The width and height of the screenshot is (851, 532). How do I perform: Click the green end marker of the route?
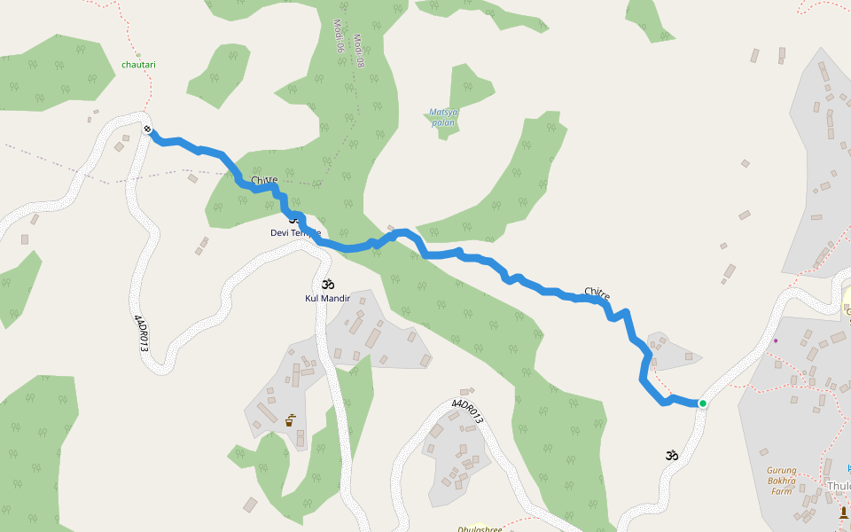pyautogui.click(x=702, y=403)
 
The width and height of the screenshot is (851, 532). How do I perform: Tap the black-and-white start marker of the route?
pyautogui.click(x=147, y=130)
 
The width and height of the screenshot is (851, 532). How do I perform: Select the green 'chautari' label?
pyautogui.click(x=138, y=65)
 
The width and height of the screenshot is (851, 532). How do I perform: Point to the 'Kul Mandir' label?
pyautogui.click(x=328, y=299)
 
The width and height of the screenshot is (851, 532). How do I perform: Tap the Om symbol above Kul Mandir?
pyautogui.click(x=328, y=285)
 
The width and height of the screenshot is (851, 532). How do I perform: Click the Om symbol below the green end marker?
pyautogui.click(x=672, y=456)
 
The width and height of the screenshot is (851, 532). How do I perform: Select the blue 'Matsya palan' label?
pyautogui.click(x=443, y=117)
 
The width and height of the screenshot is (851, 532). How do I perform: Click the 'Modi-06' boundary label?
pyautogui.click(x=338, y=35)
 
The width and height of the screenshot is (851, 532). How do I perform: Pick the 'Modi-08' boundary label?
pyautogui.click(x=359, y=51)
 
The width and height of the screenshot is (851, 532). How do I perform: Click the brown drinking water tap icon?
pyautogui.click(x=290, y=420)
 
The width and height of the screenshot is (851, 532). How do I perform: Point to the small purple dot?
pyautogui.click(x=775, y=340)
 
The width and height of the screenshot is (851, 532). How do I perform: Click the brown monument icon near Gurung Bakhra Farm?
pyautogui.click(x=843, y=512)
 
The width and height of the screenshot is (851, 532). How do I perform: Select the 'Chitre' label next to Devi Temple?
pyautogui.click(x=264, y=181)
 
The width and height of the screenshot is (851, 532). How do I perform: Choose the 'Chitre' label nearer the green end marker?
pyautogui.click(x=597, y=293)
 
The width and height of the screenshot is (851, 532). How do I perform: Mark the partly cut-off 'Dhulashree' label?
pyautogui.click(x=480, y=528)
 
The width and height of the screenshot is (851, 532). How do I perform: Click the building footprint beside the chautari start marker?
pyautogui.click(x=120, y=146)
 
